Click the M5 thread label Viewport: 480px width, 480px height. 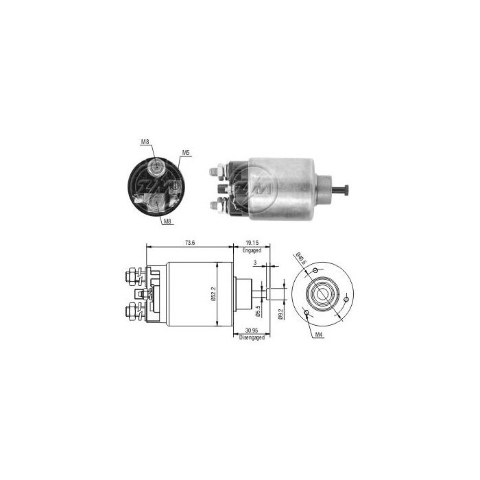click(185, 152)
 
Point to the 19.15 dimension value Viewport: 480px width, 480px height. click(252, 242)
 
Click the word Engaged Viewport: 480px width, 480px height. click(252, 251)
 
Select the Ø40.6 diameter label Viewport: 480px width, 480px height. click(299, 259)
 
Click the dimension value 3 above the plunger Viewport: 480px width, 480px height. click(254, 263)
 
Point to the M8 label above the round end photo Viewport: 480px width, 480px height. click(145, 142)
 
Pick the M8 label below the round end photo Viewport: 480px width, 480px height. click(167, 221)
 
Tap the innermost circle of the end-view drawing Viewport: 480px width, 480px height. click(322, 296)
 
